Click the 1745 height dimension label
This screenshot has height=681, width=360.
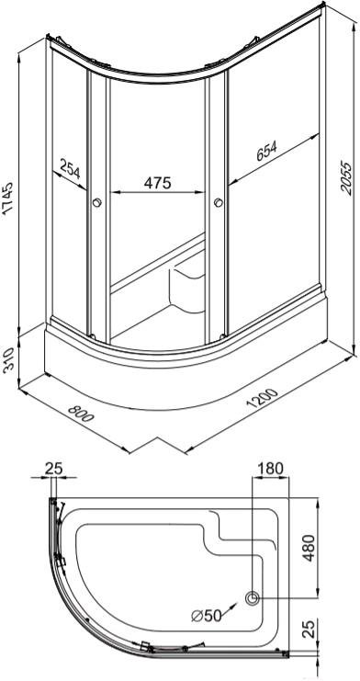[x=8, y=199]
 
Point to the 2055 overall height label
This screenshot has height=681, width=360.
[x=346, y=178]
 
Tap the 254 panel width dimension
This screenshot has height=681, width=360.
[x=70, y=168]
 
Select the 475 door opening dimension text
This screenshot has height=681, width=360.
[x=158, y=183]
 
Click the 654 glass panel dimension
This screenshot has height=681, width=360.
[x=266, y=151]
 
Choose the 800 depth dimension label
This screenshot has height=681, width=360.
[x=81, y=414]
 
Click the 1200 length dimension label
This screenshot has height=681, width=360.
[x=262, y=399]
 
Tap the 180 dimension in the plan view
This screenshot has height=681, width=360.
[x=270, y=469]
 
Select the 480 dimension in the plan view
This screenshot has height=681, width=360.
[x=309, y=548]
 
